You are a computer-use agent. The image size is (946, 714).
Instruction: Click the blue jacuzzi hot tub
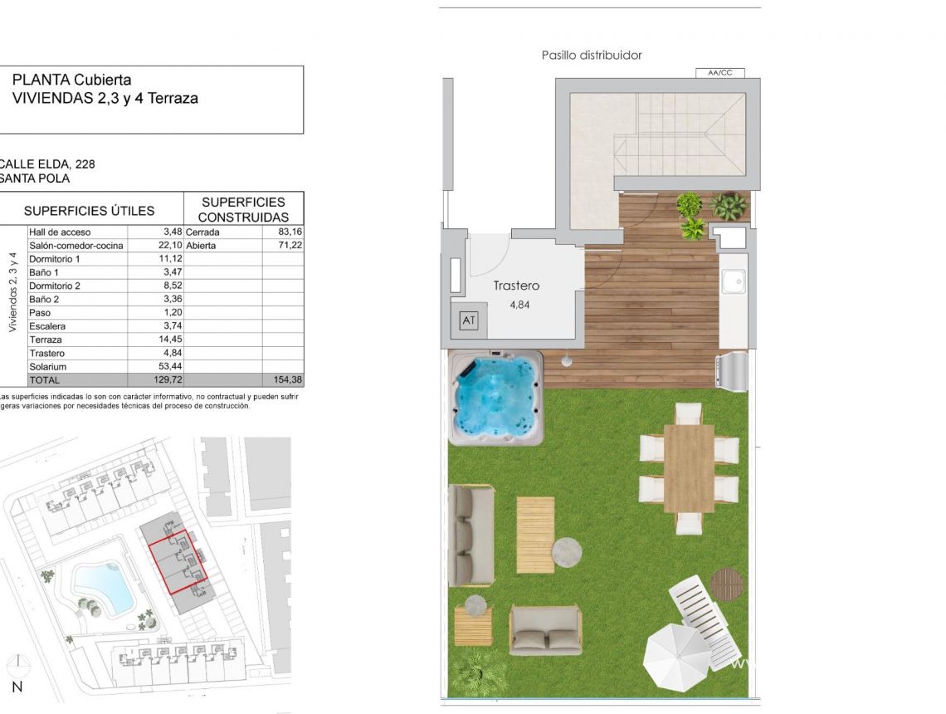(496, 397)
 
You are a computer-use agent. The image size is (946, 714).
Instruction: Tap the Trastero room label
(516, 286)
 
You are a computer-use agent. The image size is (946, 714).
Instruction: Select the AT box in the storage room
(469, 320)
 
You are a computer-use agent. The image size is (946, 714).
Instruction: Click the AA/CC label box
(719, 73)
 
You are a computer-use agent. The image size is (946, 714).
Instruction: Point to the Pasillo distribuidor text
(592, 56)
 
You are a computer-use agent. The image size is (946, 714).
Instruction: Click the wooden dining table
(689, 467)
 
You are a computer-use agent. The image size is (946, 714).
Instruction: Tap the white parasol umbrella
(676, 655)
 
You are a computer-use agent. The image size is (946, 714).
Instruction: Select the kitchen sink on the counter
(733, 282)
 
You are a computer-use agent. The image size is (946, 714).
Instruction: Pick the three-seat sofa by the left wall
(471, 535)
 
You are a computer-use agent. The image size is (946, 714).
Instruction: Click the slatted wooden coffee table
(535, 534)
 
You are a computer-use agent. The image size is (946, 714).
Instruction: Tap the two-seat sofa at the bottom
(545, 629)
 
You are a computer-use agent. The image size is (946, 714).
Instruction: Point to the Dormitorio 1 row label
(55, 259)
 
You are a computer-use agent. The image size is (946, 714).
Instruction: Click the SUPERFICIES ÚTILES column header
(100, 211)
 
